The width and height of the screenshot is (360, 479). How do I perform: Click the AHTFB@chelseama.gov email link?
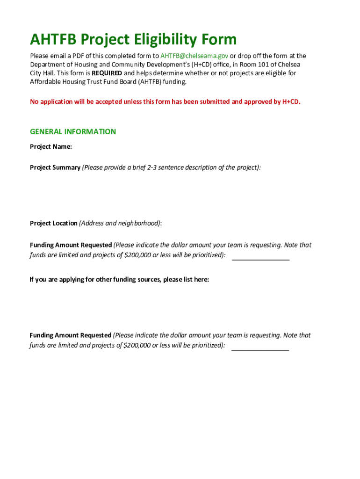coord(194,56)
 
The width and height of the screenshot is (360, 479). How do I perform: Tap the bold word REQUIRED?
coord(107,73)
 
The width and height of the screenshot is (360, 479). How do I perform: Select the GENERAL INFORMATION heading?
coord(73,131)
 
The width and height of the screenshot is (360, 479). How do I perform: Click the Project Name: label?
coord(51,146)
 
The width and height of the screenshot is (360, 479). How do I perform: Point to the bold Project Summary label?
coord(55,167)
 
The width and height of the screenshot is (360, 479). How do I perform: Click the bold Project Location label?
coord(54,223)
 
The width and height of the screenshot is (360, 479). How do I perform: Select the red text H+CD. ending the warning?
coord(291,101)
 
